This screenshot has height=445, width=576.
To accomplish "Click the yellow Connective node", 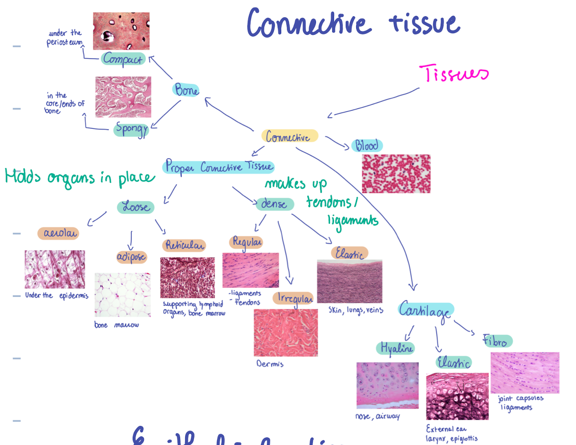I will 289,136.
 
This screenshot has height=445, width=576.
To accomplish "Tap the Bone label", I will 186,90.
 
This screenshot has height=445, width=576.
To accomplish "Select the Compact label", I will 123,59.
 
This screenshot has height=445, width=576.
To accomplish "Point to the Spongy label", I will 131,129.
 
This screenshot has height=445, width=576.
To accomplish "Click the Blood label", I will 367,145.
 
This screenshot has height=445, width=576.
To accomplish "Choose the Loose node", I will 136,207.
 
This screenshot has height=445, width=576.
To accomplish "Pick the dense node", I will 274,204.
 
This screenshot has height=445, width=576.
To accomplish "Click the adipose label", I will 131,257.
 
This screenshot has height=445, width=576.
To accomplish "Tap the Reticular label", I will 185,245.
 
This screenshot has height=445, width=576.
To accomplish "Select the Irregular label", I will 294,298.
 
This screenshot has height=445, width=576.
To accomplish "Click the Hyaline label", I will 396,348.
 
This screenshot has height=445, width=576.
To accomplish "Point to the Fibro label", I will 497,341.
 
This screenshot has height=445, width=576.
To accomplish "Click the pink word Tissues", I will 454,74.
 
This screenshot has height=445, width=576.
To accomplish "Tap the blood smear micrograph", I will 396,174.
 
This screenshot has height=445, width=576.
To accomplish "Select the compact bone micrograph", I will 121,31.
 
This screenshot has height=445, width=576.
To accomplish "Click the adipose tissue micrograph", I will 122,294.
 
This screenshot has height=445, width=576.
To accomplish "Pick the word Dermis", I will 270,364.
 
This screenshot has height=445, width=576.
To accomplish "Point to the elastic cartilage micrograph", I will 457,396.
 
